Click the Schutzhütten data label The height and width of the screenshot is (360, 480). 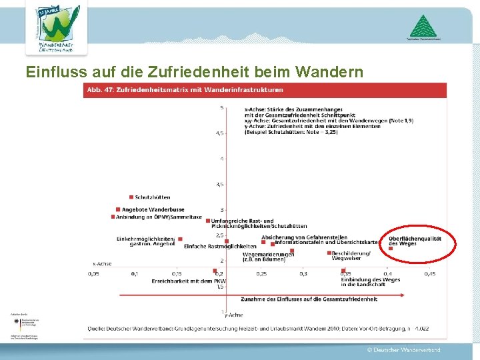(x=152, y=197)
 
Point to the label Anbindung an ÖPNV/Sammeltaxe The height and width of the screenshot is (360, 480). (x=158, y=217)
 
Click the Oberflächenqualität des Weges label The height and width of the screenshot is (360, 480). (x=415, y=241)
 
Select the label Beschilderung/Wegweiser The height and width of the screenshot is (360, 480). (x=351, y=255)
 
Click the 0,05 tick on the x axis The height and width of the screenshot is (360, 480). (x=94, y=273)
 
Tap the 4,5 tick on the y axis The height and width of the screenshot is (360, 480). (x=219, y=133)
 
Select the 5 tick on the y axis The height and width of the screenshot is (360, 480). (x=222, y=107)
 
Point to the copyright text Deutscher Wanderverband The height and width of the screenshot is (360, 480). (x=403, y=350)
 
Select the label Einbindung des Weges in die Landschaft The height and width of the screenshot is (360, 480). (x=371, y=282)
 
